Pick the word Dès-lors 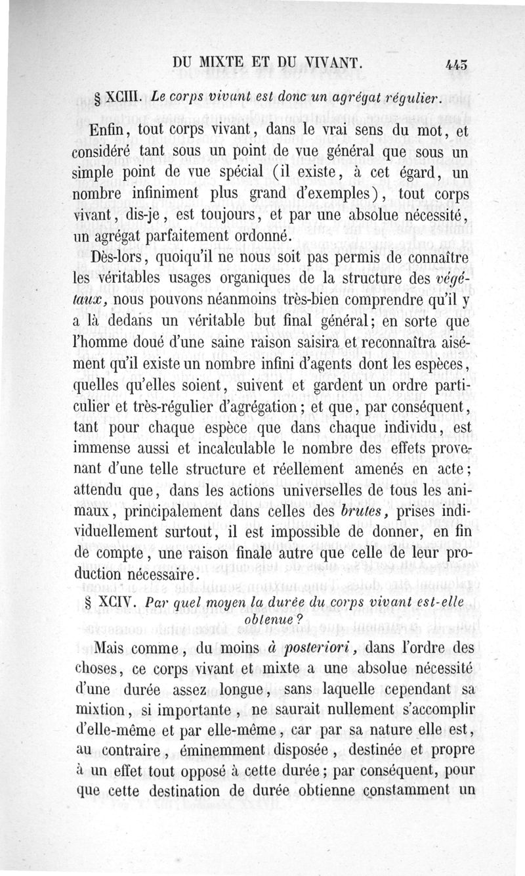pyautogui.click(x=119, y=259)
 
